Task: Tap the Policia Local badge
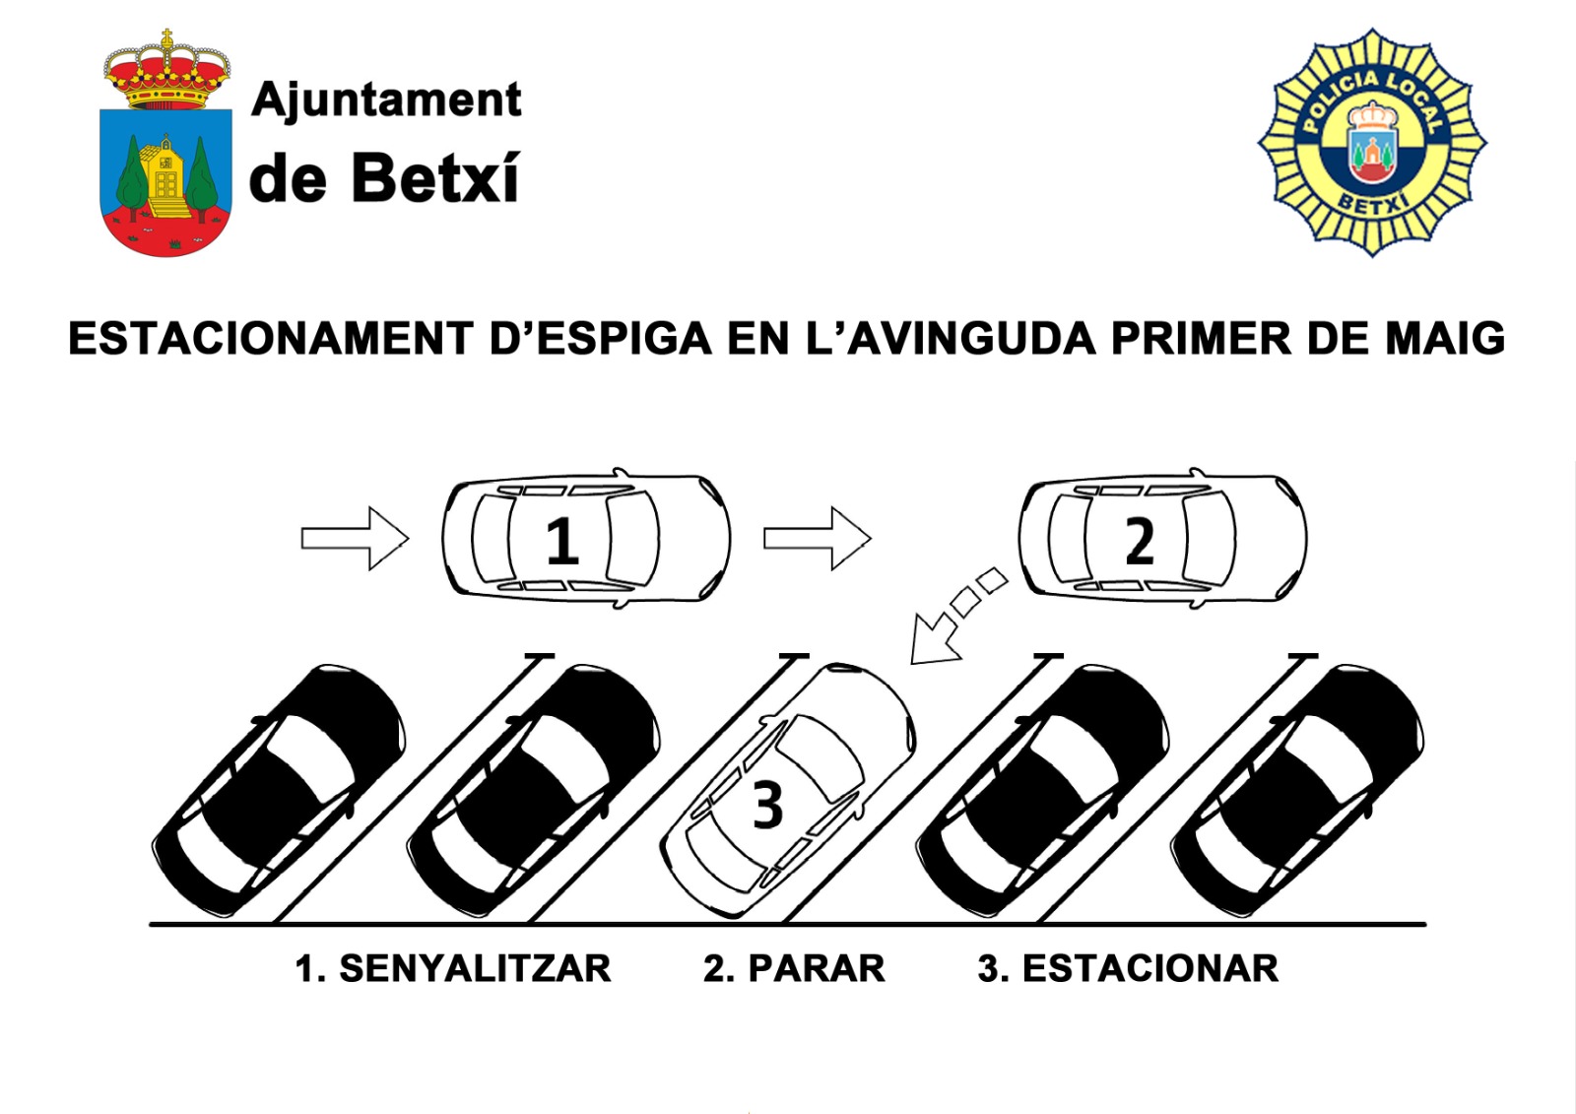click(x=1372, y=144)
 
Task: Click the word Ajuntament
click(x=386, y=100)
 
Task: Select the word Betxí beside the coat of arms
click(x=434, y=179)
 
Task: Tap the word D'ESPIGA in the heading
click(x=601, y=339)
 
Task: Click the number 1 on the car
click(x=561, y=541)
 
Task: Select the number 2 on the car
click(x=1140, y=541)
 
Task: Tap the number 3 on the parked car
click(x=767, y=805)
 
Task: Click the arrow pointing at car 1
click(x=355, y=538)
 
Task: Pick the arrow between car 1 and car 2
click(x=817, y=538)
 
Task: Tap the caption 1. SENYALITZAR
click(x=453, y=968)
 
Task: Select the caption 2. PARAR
click(x=794, y=968)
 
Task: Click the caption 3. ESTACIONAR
click(x=1128, y=968)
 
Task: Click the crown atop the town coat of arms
click(x=166, y=72)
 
